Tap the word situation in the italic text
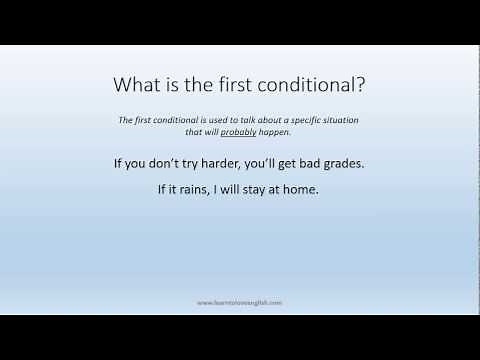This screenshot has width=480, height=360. point(340,119)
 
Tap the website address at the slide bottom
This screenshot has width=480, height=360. point(240,300)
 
